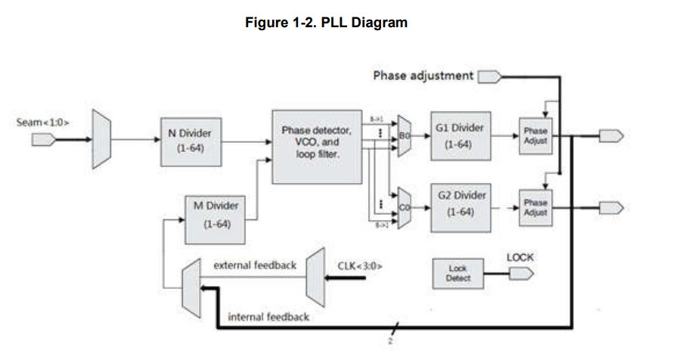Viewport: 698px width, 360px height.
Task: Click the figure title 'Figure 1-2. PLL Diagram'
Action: (326, 23)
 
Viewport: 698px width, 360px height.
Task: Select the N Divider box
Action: (189, 139)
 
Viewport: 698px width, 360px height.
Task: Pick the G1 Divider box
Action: (459, 136)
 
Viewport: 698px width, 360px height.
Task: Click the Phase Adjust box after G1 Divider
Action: (535, 135)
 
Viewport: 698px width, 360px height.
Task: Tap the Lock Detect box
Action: (458, 273)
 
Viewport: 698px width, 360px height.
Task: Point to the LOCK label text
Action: (520, 257)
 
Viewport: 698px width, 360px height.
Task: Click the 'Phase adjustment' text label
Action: (423, 75)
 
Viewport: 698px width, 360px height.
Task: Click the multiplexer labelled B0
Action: (403, 136)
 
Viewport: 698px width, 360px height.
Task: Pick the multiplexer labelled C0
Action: (403, 206)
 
